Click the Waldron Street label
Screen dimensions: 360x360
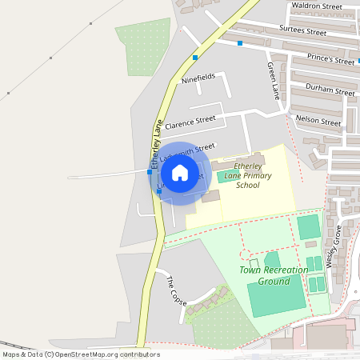317,6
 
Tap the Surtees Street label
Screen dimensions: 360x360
303,32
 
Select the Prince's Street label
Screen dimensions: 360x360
331,59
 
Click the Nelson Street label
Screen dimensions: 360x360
318,121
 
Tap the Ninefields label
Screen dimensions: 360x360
199,79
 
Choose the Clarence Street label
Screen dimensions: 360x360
191,121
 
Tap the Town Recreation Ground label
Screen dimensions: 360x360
274,275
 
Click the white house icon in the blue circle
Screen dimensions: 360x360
180,173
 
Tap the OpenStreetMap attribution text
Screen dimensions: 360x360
81,354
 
